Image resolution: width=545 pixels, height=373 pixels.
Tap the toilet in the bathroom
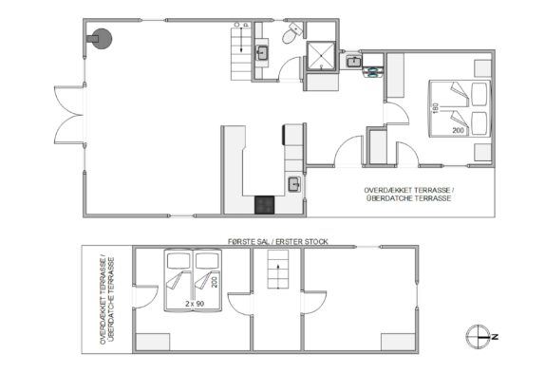click(291, 33)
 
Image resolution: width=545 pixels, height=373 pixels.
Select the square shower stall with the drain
click(321, 56)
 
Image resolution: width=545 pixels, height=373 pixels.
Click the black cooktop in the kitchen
click(265, 205)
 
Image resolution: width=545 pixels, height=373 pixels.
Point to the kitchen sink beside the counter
click(294, 184)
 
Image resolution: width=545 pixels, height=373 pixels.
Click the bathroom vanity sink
click(261, 53)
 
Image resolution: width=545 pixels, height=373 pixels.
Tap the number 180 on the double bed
click(434, 108)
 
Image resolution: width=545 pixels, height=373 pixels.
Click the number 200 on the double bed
click(458, 131)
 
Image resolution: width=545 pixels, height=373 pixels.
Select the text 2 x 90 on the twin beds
click(195, 304)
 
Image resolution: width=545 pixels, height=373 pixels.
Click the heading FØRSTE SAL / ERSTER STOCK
click(277, 242)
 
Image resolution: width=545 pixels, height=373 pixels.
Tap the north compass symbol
click(479, 337)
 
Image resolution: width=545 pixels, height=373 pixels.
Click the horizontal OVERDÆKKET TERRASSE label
click(408, 195)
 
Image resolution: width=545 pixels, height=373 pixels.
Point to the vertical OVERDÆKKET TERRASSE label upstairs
click(107, 300)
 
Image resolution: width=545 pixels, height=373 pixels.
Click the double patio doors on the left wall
click(68, 115)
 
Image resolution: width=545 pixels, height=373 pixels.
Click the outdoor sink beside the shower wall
click(354, 62)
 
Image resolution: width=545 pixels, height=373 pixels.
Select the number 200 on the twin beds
click(215, 282)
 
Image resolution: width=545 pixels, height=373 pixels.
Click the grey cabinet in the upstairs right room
click(399, 342)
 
